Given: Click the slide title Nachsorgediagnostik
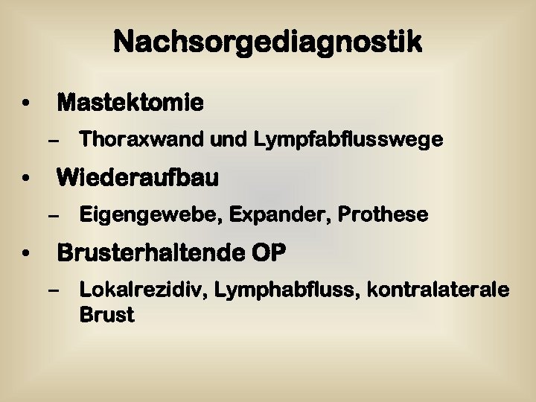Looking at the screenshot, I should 268,42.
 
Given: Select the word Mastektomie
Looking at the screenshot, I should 130,102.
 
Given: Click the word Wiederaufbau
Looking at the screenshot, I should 138,178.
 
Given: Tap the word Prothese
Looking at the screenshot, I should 383,215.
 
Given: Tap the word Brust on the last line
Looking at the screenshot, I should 106,315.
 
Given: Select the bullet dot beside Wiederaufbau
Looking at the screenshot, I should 26,179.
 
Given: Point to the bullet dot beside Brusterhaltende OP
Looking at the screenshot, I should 26,254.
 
